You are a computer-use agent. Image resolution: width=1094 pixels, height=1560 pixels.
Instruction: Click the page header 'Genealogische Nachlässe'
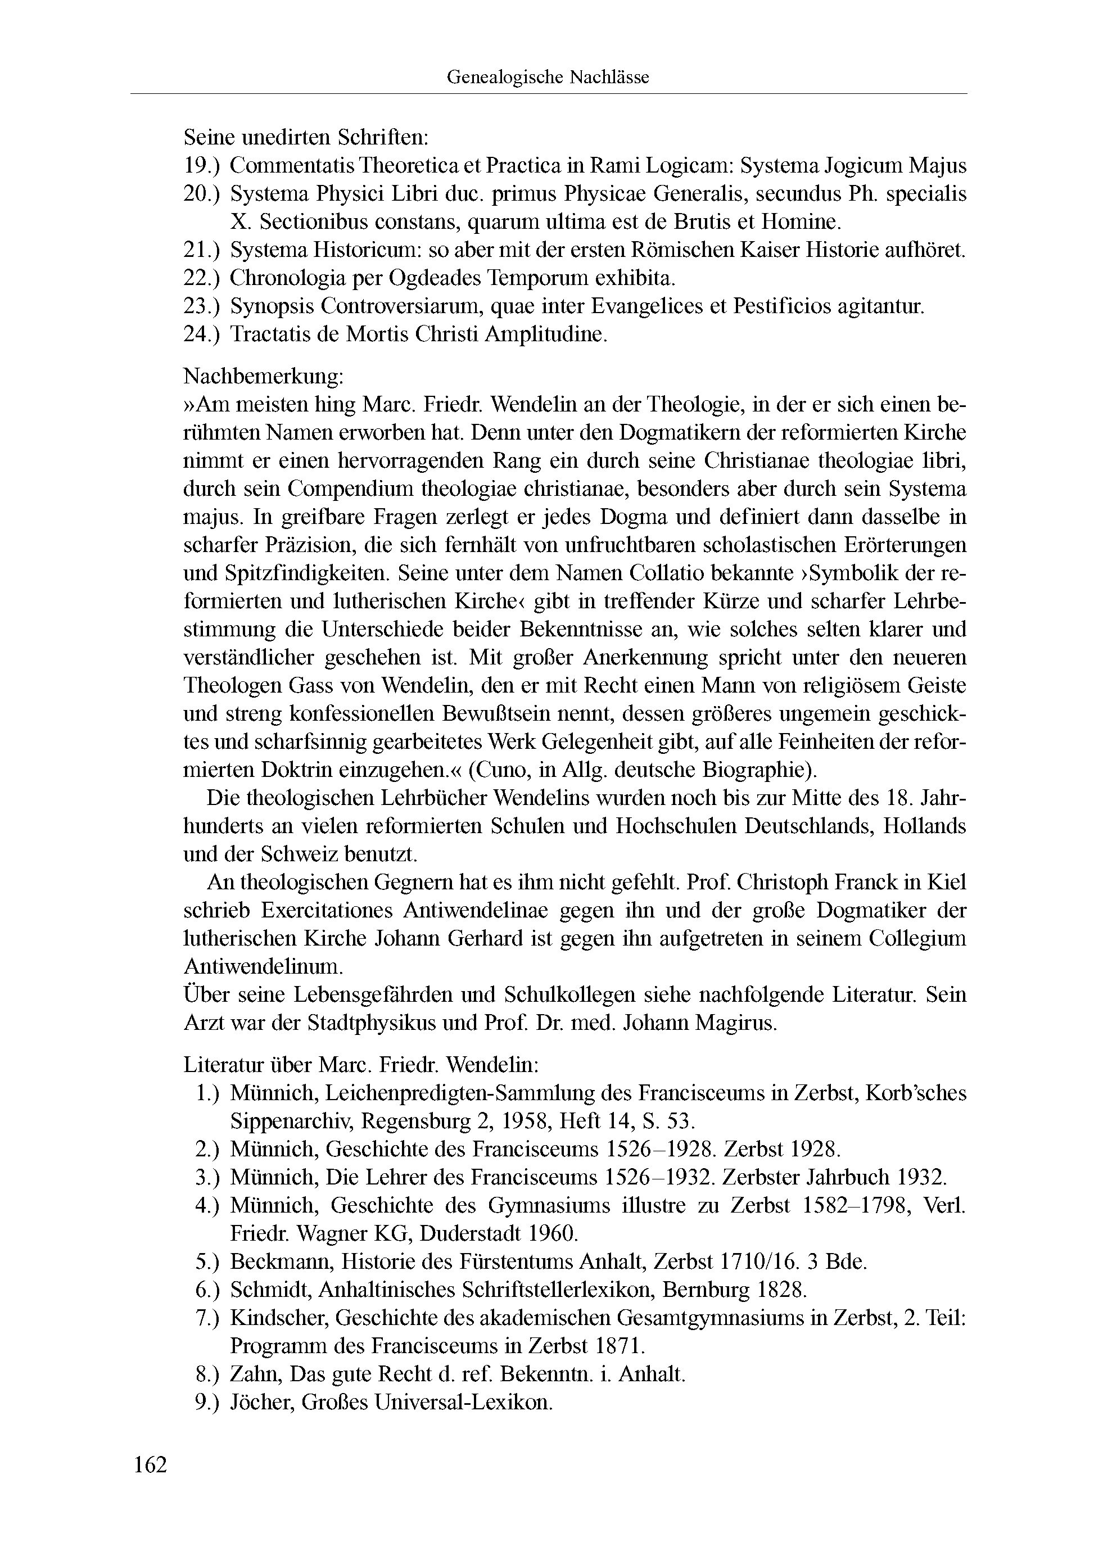(x=547, y=78)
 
